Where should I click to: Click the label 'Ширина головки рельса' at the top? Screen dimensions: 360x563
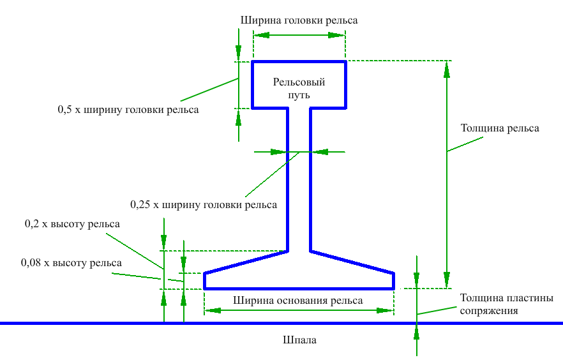(299, 20)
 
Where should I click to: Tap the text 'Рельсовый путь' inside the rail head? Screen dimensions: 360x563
(299, 89)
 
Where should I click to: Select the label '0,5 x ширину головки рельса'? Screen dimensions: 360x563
(128, 110)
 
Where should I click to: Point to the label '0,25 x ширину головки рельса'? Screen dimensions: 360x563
(204, 206)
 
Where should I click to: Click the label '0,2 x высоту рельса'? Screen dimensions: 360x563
(72, 224)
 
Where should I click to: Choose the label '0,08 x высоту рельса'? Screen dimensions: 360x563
(71, 262)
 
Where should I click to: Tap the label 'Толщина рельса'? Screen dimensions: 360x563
(500, 128)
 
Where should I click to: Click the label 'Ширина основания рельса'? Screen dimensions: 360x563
(298, 301)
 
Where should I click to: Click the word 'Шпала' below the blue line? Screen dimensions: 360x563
(299, 340)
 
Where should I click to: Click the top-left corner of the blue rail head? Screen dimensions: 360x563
(253, 62)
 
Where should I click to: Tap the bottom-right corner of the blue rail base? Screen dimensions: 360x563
(393, 289)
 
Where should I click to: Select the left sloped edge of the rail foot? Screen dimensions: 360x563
(246, 262)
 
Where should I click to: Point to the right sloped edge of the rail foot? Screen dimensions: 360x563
(352, 262)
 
